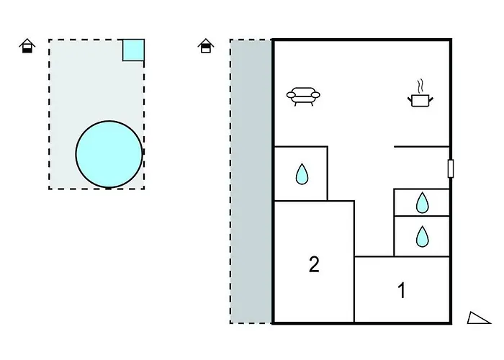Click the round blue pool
coord(109,154)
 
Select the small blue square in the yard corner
coord(133,50)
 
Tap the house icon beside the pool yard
coord(27,45)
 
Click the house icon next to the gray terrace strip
coord(206,45)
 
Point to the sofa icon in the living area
coord(303,96)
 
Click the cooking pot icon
coord(420,100)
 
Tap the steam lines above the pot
coord(420,86)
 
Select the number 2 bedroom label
coord(314,264)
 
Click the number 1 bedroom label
coord(402,290)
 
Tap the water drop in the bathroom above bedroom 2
coord(302,174)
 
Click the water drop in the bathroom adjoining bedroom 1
coord(422,237)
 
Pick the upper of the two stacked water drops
coord(422,202)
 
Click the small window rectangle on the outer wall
coord(451,168)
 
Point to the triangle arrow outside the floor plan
coord(477,318)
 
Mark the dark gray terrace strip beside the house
coord(251,181)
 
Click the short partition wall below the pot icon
coord(421,147)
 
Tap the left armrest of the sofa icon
coord(291,95)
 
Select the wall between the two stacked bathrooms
coord(421,216)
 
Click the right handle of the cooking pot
coord(431,99)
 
